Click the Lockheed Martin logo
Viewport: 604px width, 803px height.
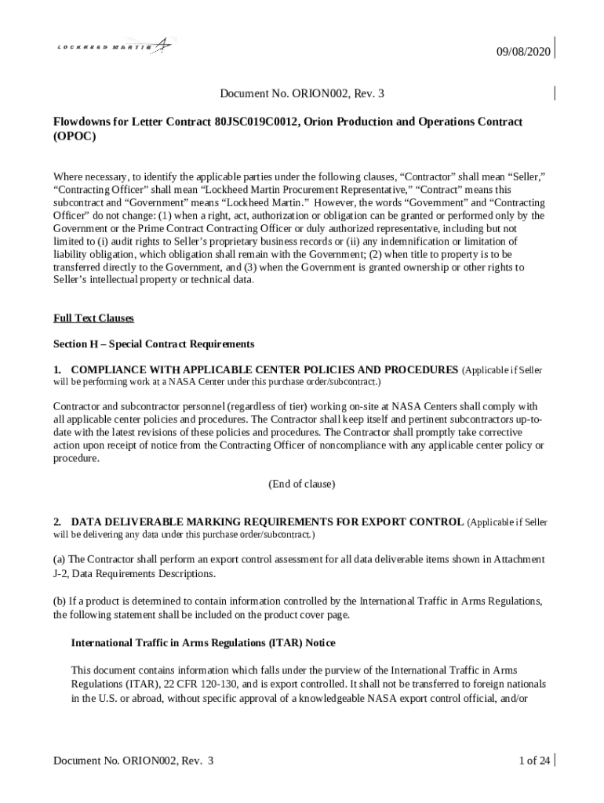click(x=115, y=47)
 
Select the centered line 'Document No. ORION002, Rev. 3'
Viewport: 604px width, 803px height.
click(x=302, y=95)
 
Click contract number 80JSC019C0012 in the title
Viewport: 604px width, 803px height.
click(x=258, y=122)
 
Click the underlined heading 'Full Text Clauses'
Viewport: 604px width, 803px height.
click(x=93, y=318)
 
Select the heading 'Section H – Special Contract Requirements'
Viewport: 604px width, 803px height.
click(x=154, y=344)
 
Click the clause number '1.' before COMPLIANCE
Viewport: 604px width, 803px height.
click(x=57, y=369)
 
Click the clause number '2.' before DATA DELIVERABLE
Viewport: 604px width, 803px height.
click(x=57, y=522)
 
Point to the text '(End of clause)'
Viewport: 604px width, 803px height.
click(x=302, y=484)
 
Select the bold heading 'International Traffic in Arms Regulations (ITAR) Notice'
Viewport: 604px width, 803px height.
click(x=203, y=643)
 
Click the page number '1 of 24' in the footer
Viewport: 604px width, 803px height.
click(x=533, y=761)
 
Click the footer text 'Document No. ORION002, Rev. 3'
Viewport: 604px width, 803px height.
click(x=133, y=761)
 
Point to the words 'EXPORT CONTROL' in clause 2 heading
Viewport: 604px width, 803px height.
click(x=417, y=522)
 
